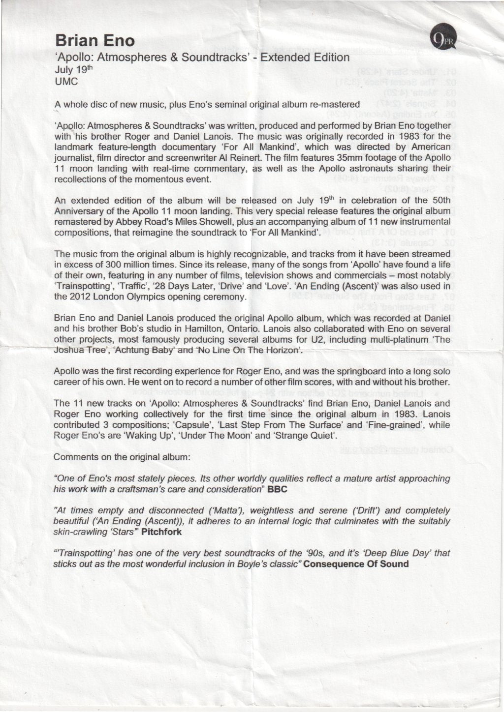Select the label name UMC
(66, 82)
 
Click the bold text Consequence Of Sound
(356, 564)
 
